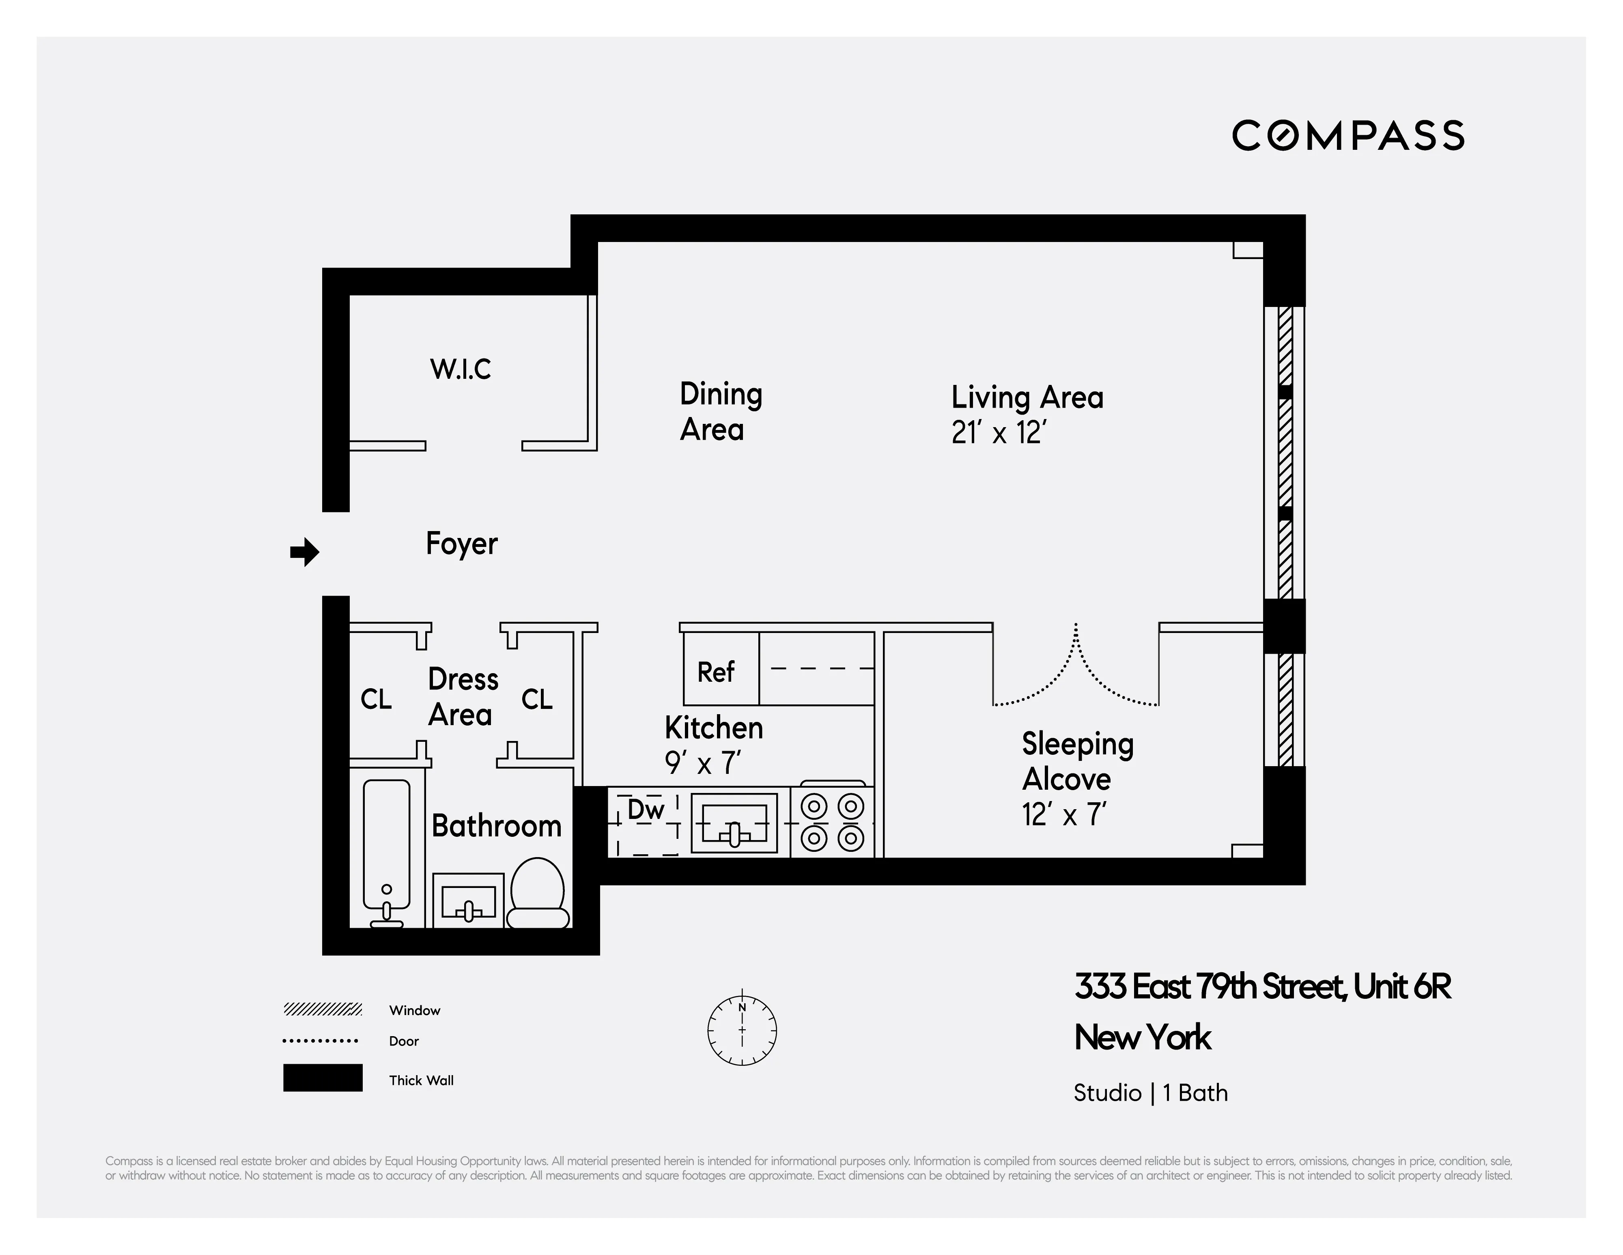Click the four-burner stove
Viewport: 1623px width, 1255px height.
(x=831, y=821)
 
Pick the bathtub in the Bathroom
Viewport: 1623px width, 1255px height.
(x=386, y=848)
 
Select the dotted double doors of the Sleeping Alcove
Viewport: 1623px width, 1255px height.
(x=1075, y=673)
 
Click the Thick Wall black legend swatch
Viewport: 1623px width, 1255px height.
(x=323, y=1077)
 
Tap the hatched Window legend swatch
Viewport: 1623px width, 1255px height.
(x=323, y=1009)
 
